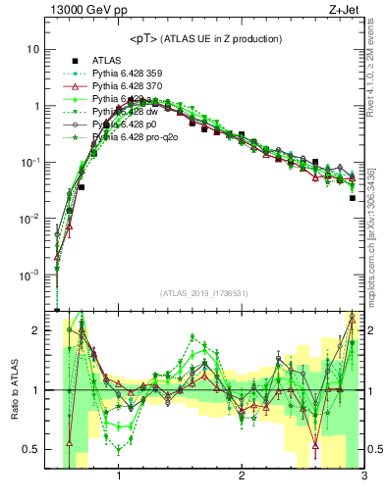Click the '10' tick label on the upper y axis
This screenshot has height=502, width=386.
tap(32, 49)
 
